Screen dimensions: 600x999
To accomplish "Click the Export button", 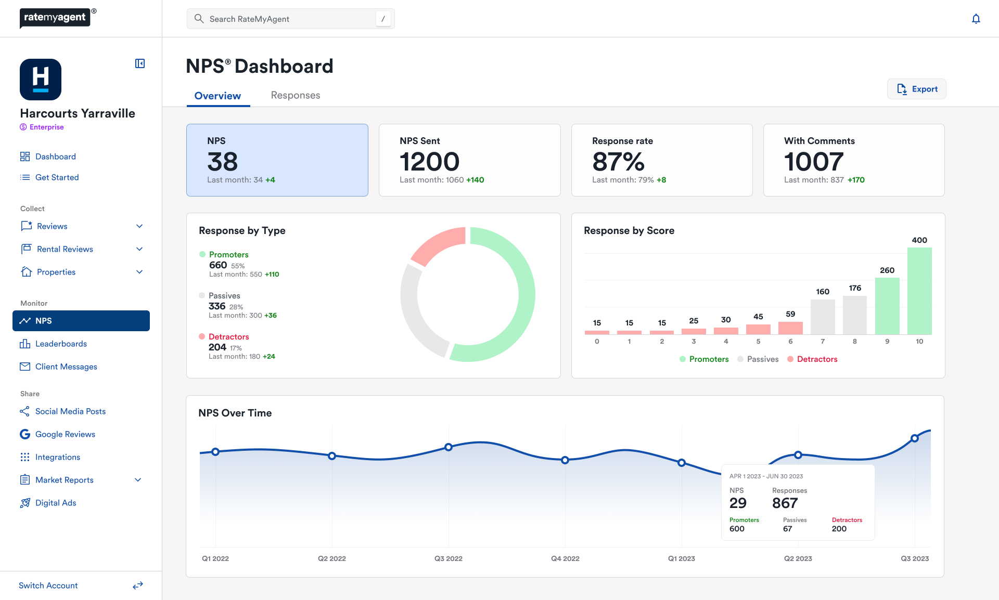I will tap(917, 89).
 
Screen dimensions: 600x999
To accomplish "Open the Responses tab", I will tap(296, 95).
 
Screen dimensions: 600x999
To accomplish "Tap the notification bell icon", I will tap(976, 19).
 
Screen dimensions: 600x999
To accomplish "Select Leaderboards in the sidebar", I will tap(61, 344).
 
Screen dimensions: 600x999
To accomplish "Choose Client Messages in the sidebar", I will tap(66, 367).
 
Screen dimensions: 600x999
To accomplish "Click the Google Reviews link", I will tap(65, 434).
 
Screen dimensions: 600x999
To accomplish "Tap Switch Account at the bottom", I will tap(48, 585).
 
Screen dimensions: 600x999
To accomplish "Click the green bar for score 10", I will tap(919, 291).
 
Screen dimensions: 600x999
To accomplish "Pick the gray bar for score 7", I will tap(823, 317).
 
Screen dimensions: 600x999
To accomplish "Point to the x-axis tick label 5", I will tap(758, 342).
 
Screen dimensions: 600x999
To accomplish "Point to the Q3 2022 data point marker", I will tap(449, 447).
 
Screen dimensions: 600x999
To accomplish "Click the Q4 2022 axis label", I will tap(565, 558).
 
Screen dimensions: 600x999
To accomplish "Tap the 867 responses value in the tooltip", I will tap(785, 503).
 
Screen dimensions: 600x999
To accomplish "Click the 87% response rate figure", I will tap(618, 162).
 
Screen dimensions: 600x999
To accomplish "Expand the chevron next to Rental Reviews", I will tap(139, 249).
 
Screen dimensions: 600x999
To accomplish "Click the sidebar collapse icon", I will tap(140, 63).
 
